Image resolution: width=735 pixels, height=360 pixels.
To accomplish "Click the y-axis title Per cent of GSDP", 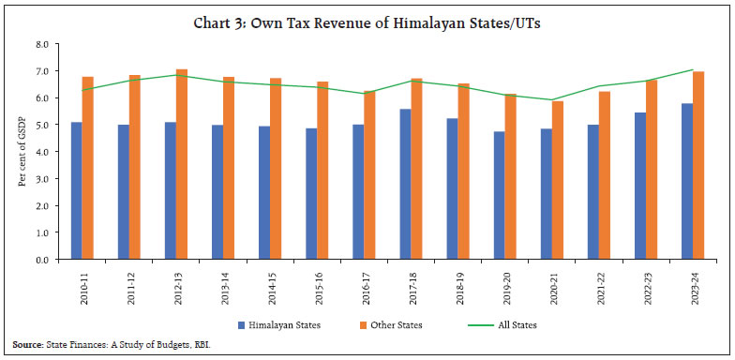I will point(22,152).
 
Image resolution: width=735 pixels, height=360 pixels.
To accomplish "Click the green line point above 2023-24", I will point(693,69).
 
